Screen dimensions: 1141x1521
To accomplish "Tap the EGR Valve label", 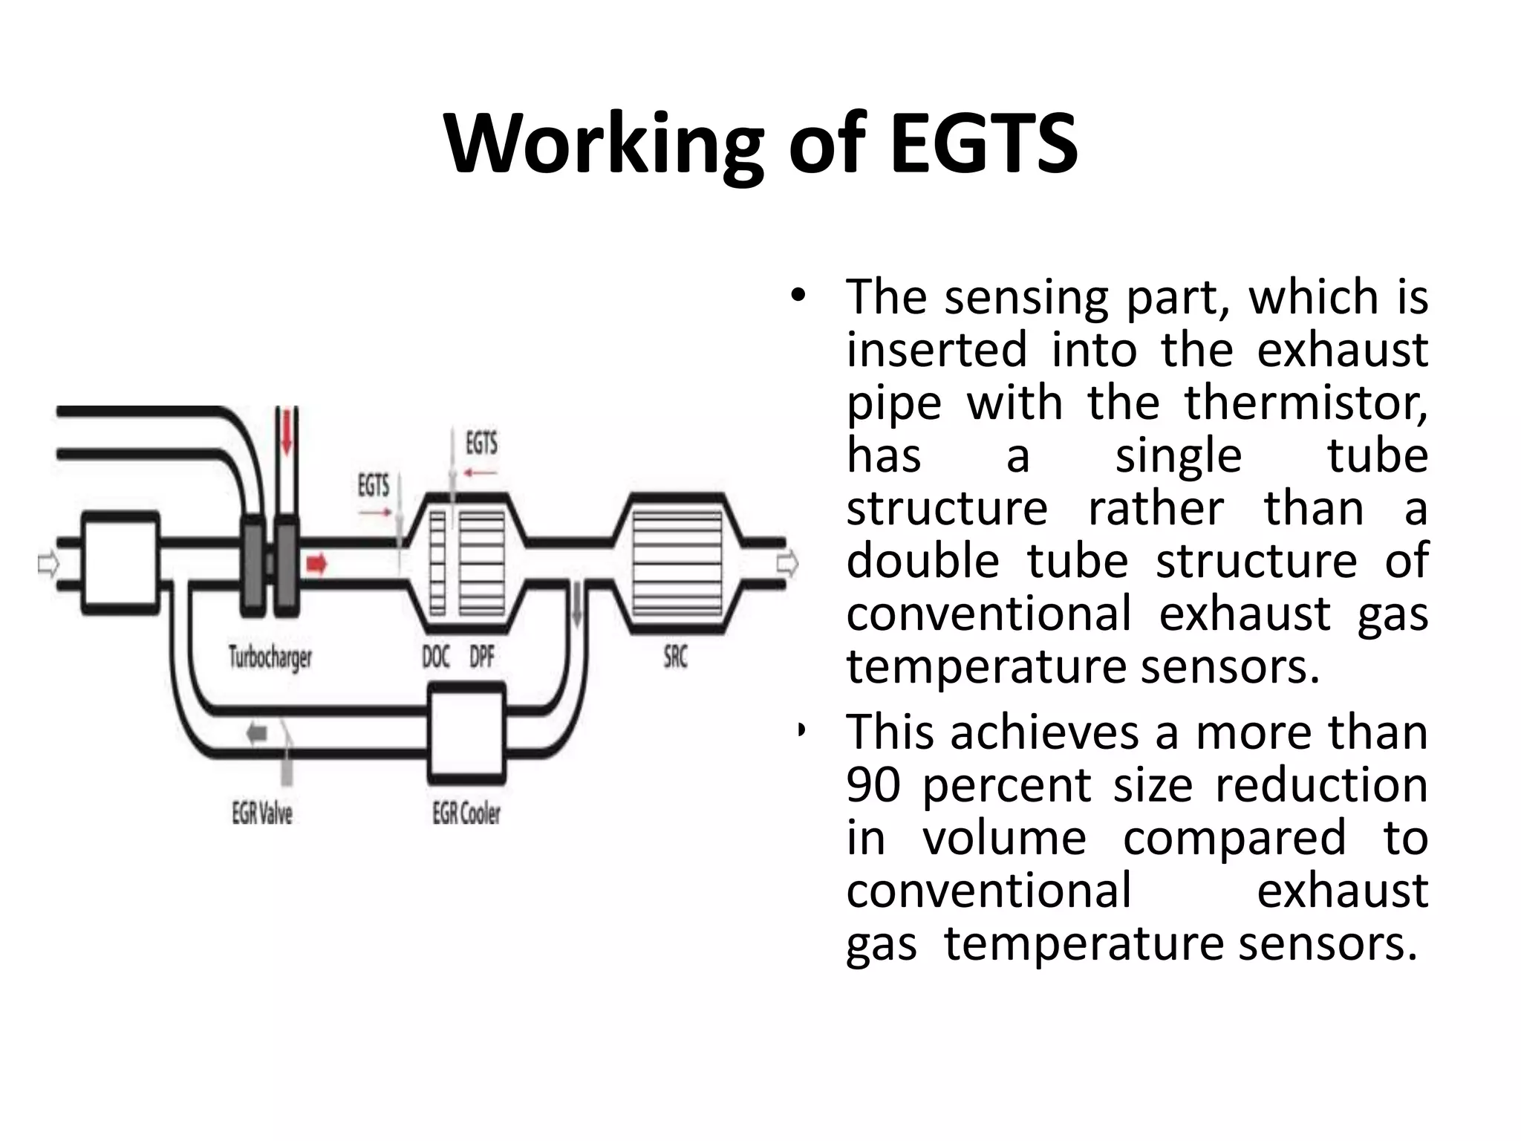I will coord(262,813).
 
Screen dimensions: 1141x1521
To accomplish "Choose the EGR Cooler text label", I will coord(466,813).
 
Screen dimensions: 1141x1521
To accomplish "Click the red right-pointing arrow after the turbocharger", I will coord(317,565).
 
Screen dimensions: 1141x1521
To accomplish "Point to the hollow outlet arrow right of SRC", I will coord(787,564).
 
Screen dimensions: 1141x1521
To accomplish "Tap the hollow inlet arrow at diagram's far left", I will coord(48,565).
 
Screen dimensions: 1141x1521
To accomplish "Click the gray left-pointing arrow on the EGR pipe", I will coord(257,734).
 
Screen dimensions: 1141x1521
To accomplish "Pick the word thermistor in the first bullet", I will coord(1305,403).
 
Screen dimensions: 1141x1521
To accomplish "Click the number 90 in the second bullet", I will coord(873,785).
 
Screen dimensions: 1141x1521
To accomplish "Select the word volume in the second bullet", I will coord(1004,838).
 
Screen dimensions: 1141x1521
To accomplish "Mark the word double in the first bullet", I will coord(922,561).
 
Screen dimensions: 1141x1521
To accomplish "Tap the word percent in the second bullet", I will coord(1006,785).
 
